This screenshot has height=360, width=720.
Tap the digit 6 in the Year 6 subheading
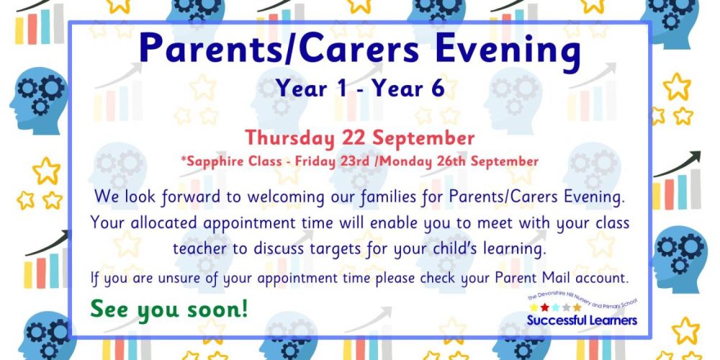click(x=438, y=88)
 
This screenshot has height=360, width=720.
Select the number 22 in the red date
click(x=355, y=138)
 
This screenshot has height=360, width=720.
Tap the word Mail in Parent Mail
click(x=558, y=277)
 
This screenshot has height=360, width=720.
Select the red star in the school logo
click(x=544, y=307)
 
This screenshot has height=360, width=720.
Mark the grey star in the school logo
click(x=566, y=307)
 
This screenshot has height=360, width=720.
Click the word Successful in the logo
click(x=554, y=320)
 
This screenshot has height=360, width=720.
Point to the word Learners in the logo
click(x=611, y=320)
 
